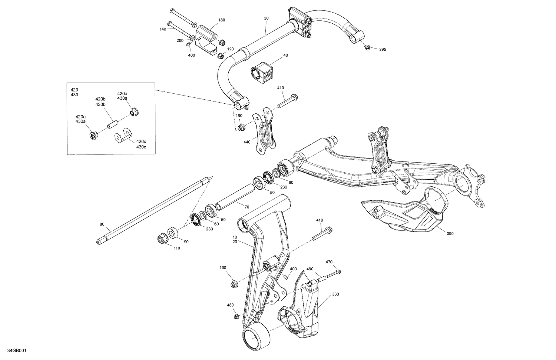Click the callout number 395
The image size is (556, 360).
pos(382,49)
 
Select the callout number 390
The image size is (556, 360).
pos(450,234)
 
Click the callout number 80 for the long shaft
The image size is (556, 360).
pos(102,224)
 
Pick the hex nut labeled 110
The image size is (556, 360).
pos(162,239)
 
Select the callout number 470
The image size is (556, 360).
pos(329,262)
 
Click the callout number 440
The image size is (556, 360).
pos(247,142)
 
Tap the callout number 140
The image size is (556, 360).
pos(163,29)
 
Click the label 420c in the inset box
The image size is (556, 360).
pos(141,141)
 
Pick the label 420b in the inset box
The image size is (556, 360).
pos(100,99)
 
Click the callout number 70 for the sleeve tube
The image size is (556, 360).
pos(246,207)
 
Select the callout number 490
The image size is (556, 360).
pos(310,269)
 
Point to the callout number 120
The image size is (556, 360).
pos(230,49)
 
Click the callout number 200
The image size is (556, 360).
pos(180,40)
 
